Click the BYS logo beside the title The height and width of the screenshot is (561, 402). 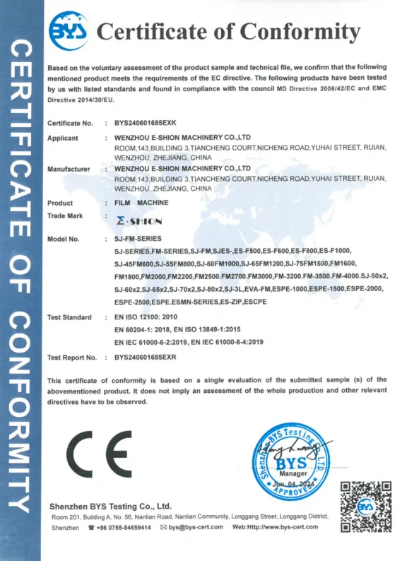point(67,30)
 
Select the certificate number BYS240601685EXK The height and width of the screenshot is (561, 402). point(146,123)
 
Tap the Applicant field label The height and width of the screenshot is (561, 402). point(63,138)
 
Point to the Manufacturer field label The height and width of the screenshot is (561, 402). point(69,169)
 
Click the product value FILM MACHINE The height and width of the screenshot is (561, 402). point(142,203)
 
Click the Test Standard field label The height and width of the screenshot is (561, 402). point(69,317)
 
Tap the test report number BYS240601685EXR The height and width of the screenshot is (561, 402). point(146,358)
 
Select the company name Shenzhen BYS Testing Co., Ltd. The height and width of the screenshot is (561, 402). point(111,506)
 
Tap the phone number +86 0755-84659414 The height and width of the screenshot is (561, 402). point(124,527)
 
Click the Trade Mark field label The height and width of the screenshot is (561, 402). point(65,215)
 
